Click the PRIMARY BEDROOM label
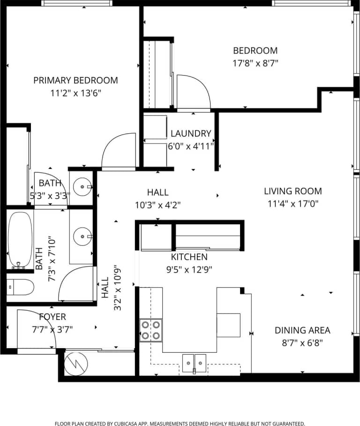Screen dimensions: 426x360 click(75, 80)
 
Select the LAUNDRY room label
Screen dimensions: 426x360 click(191, 133)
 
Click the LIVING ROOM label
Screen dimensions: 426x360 click(292, 191)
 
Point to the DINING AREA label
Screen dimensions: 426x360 click(302, 330)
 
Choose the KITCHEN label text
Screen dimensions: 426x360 click(189, 257)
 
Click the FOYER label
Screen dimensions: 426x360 click(52, 317)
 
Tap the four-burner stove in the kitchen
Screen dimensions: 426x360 click(151, 330)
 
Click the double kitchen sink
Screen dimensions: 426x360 click(195, 362)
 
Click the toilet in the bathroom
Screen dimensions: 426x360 click(20, 286)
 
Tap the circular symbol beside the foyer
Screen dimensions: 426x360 click(75, 364)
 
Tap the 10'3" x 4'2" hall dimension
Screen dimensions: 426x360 click(157, 205)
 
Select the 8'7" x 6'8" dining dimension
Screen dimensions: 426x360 click(302, 342)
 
